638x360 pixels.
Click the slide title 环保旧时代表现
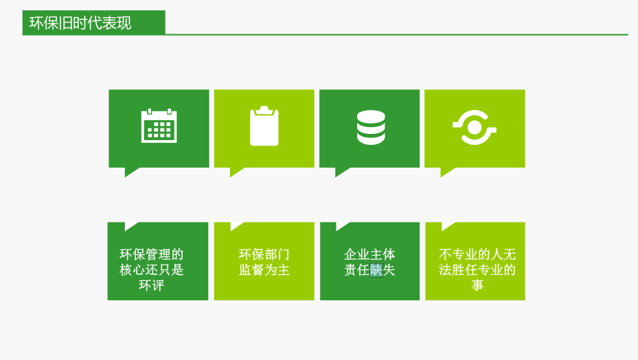(x=80, y=23)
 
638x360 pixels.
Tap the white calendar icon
(x=159, y=126)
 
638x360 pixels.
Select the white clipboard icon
(x=264, y=126)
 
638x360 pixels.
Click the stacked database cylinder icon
(x=371, y=127)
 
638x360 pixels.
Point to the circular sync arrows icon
(x=475, y=128)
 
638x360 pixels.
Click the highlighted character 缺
(x=376, y=270)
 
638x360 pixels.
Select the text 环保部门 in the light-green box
(x=264, y=254)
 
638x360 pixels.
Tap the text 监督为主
(x=264, y=270)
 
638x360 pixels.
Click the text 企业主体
(x=369, y=254)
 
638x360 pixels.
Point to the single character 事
(x=477, y=285)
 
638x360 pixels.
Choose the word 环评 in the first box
(x=151, y=285)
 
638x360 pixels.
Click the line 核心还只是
(x=151, y=270)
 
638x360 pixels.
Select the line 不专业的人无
(x=477, y=254)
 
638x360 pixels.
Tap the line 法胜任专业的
(x=477, y=270)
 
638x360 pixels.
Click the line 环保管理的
(x=151, y=254)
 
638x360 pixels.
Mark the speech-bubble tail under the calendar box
(x=130, y=171)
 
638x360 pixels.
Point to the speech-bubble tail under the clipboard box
(x=235, y=171)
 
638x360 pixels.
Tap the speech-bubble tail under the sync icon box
(x=446, y=171)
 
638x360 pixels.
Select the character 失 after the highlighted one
(x=389, y=270)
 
